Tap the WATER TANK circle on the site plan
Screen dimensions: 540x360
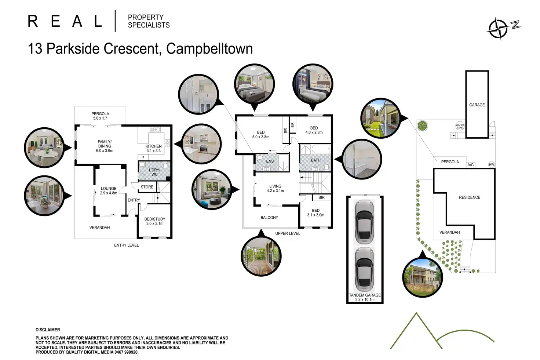coord(460,126)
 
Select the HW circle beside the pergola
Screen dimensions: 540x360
coord(491,165)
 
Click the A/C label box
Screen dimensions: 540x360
coord(471,165)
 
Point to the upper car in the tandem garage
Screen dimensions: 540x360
coord(365,222)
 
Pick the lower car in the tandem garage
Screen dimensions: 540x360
coord(365,269)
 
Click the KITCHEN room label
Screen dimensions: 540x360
coord(154,146)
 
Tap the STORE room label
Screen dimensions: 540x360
coord(147,187)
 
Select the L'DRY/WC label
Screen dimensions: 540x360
coord(154,172)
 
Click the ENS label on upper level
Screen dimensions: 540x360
coord(270,161)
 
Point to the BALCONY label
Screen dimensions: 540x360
coord(269,218)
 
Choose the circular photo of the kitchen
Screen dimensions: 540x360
coord(201,144)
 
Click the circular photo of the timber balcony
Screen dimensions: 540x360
coord(261,256)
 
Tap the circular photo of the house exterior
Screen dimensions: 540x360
coord(422,277)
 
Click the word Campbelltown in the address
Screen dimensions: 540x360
coord(209,49)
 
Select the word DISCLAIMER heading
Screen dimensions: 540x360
coord(48,330)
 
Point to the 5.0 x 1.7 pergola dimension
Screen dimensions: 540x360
coord(100,118)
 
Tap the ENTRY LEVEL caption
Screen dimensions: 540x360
coord(126,245)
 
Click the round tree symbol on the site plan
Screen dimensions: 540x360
coord(422,126)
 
